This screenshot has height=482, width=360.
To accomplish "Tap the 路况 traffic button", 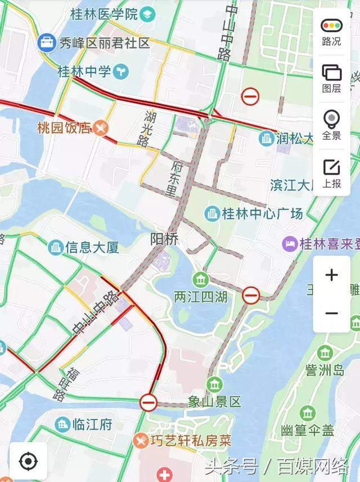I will click(331, 31).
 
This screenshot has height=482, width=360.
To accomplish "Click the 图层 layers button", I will click(331, 78).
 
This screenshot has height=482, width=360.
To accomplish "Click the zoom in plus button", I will click(331, 275).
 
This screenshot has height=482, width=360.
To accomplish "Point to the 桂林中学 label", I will click(84, 72).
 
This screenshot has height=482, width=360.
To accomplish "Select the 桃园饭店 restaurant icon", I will click(101, 128).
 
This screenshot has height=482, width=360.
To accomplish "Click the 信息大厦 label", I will click(92, 247).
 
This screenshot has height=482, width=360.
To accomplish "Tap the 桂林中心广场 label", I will click(262, 213).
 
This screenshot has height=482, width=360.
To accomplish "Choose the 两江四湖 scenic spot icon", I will click(201, 279).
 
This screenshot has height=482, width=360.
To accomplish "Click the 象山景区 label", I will click(214, 401).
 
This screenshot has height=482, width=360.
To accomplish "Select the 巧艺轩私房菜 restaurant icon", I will click(141, 440).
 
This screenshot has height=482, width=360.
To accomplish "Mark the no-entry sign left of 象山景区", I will click(148, 401).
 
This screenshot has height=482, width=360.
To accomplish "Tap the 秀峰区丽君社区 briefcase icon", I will click(47, 42).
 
